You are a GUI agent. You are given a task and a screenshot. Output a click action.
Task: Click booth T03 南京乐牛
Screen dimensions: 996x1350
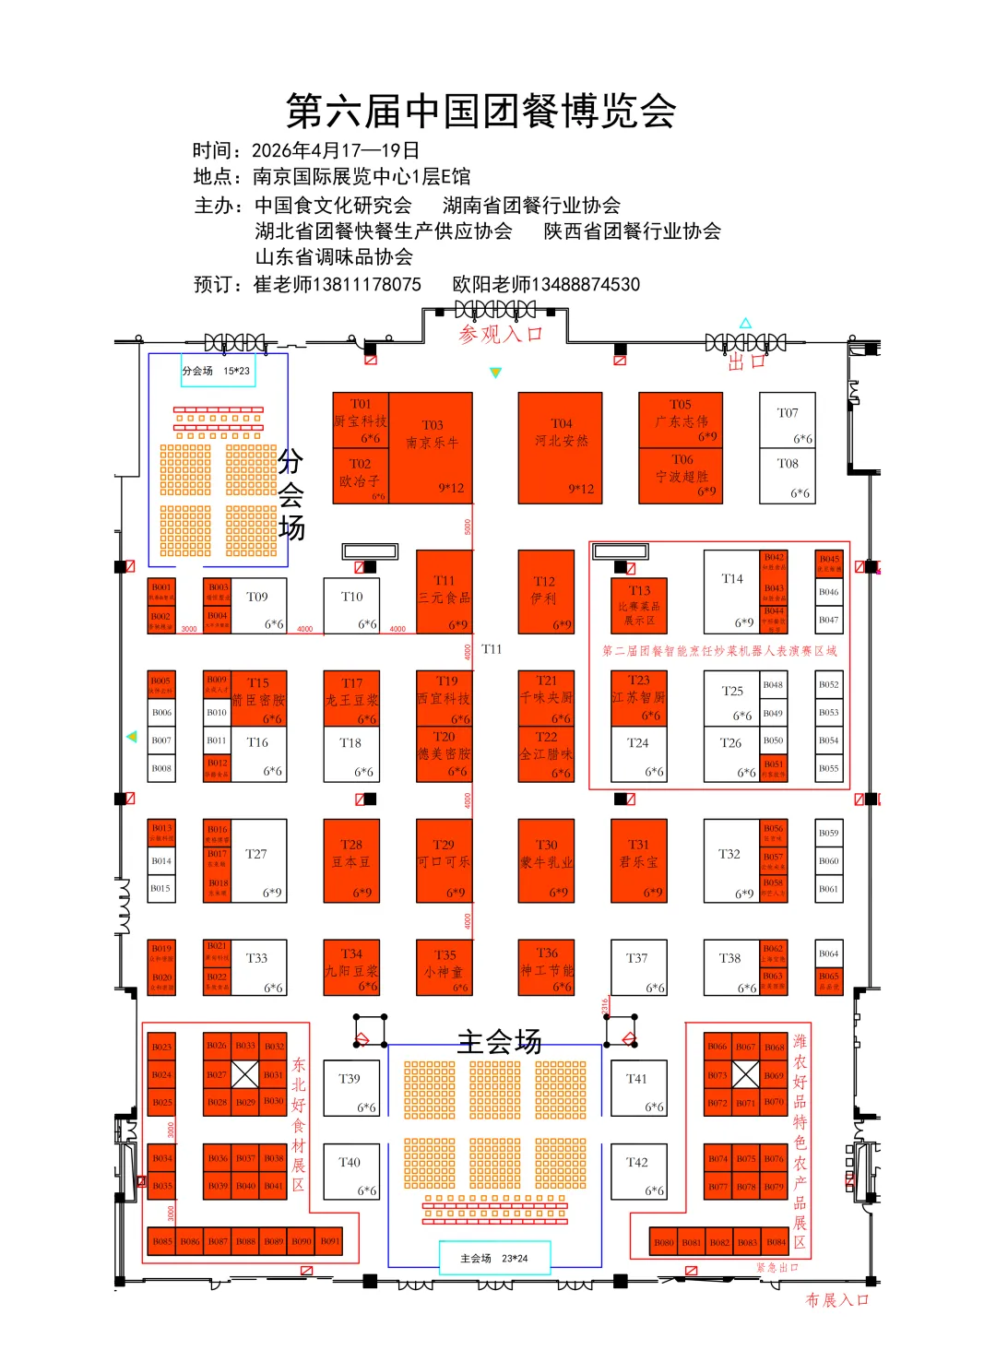click(x=432, y=447)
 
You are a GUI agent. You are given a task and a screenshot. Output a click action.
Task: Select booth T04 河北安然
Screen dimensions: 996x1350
click(x=560, y=447)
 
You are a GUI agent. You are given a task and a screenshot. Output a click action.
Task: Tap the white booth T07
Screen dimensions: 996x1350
click(x=787, y=420)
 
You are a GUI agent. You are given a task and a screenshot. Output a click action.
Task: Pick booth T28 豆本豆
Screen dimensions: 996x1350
click(x=351, y=860)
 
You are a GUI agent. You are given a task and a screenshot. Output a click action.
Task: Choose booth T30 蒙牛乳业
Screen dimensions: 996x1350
click(x=546, y=860)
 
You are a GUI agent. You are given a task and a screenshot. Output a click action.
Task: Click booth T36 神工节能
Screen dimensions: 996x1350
click(x=546, y=967)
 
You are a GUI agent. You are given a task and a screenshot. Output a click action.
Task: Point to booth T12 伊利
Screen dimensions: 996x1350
click(x=546, y=592)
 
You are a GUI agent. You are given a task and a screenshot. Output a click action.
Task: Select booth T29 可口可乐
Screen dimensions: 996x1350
click(x=444, y=860)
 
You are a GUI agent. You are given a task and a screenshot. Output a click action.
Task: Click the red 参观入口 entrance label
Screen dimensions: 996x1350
click(x=500, y=334)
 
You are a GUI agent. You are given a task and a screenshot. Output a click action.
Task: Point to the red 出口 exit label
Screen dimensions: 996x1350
click(x=746, y=361)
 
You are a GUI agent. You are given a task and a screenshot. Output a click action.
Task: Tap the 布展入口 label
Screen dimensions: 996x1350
click(x=836, y=1300)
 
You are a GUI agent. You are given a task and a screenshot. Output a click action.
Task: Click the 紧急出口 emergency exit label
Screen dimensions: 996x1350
click(x=777, y=1268)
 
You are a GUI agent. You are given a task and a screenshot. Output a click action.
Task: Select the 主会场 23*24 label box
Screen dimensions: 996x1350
click(x=494, y=1258)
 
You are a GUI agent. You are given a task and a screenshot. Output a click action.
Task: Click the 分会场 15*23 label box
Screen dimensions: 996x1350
click(x=218, y=371)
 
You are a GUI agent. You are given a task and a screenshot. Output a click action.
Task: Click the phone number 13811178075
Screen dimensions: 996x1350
click(x=367, y=285)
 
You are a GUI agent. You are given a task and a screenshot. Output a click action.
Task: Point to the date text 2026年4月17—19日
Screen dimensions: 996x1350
click(x=336, y=150)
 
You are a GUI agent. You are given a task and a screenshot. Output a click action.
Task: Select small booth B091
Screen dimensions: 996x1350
click(x=329, y=1241)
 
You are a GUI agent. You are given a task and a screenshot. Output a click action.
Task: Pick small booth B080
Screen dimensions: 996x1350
click(x=663, y=1242)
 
